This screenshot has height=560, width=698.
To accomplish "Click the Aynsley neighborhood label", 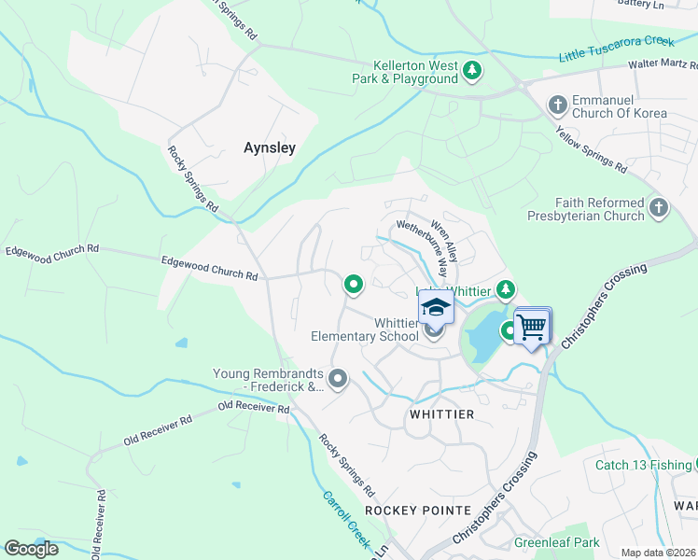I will (x=269, y=147).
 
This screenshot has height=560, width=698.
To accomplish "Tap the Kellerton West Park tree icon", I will (x=473, y=70).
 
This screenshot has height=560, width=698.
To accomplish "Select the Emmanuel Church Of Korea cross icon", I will (x=558, y=104).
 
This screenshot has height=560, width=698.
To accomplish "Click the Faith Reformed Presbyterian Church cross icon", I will (x=659, y=207).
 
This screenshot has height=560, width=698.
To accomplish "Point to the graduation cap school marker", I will (x=436, y=306).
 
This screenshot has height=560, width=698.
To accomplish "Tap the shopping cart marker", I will (x=531, y=328).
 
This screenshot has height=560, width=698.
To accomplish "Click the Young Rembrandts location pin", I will (x=338, y=378).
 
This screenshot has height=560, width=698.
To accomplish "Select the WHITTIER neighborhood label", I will (x=441, y=413).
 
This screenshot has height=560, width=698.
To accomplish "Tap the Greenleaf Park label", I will (x=556, y=542).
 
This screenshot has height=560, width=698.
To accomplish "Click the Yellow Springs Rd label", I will (x=591, y=149).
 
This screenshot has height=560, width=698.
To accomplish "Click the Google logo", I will (x=31, y=548).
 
